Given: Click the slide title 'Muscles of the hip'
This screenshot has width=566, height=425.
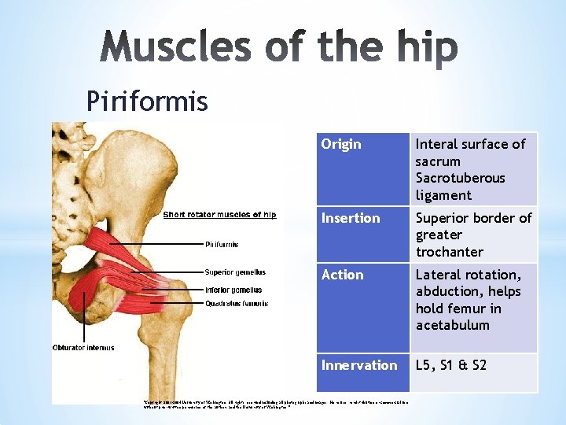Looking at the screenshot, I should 278,50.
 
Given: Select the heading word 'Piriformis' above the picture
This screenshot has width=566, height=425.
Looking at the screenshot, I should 147,101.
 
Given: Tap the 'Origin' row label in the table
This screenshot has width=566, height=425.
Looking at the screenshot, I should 341,144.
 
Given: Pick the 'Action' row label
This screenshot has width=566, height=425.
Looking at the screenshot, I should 342,275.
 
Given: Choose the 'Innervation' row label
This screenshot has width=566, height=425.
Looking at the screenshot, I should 359,365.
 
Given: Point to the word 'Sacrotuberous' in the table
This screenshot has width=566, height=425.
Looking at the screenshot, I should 460,178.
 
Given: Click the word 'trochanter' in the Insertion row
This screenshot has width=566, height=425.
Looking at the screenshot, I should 449,252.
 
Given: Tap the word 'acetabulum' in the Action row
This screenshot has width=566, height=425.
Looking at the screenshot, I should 452,325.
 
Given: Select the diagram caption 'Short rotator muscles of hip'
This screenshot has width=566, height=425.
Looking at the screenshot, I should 219,215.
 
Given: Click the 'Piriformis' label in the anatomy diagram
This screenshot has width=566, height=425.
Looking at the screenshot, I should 222,245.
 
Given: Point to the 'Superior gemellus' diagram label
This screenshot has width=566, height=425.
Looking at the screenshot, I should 234,273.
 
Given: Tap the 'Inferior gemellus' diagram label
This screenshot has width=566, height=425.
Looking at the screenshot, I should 233,290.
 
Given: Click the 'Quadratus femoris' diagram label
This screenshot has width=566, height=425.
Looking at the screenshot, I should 236,303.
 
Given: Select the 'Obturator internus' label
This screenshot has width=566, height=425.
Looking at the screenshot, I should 83,347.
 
